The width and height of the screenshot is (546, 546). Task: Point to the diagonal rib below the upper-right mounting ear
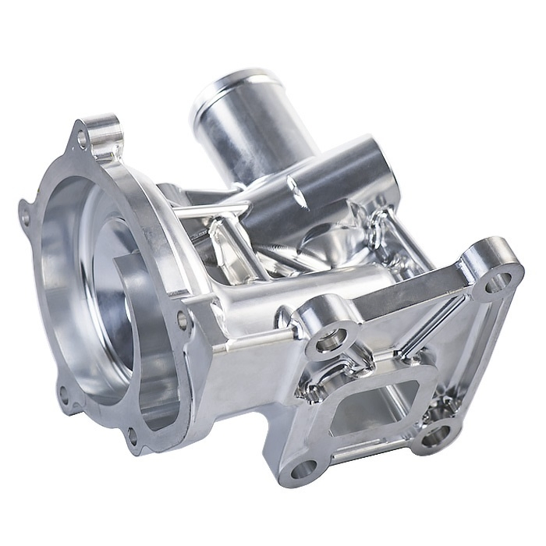[437, 324]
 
